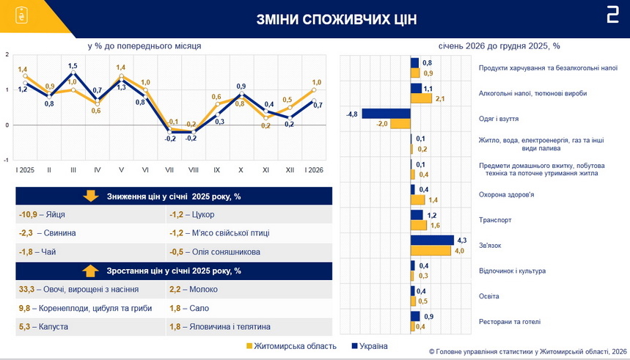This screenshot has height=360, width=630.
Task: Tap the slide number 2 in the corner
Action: click(612, 16)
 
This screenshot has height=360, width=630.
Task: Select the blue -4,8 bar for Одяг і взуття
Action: click(386, 114)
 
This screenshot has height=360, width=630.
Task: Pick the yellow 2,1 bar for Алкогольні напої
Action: click(421, 98)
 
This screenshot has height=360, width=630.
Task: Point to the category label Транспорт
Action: click(495, 219)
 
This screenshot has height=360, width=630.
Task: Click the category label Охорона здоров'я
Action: click(506, 194)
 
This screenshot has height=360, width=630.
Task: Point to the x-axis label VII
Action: click(169, 169)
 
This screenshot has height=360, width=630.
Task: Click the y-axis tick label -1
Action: click(7, 159)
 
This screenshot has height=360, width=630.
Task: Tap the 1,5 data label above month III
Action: click(73, 66)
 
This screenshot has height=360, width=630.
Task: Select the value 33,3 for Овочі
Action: click(27, 290)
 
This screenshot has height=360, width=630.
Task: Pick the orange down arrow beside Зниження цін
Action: click(91, 196)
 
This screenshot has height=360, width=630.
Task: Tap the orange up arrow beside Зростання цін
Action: click(90, 271)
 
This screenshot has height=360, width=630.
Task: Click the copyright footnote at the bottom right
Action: click(527, 351)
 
